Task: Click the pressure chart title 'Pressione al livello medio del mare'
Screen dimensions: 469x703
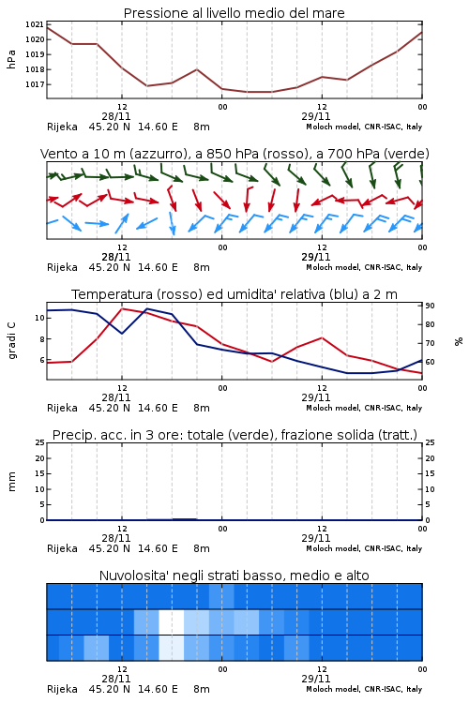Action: coord(234,13)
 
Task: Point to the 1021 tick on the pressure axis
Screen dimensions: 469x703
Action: coord(34,24)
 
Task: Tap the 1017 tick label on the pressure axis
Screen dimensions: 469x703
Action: coord(34,84)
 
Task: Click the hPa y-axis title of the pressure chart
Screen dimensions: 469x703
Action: coord(11,59)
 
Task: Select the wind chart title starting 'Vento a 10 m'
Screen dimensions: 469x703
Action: coord(234,154)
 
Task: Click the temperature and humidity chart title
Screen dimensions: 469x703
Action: coord(234,294)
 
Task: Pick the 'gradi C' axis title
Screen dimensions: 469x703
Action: coord(11,341)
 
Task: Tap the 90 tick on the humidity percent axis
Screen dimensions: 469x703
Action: coord(430,306)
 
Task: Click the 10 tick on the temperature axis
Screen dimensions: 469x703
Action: coord(39,318)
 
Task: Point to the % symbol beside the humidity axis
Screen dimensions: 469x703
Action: coord(459,341)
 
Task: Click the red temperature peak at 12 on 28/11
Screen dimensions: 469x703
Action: coord(122,309)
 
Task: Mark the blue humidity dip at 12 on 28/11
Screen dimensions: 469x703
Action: coord(122,333)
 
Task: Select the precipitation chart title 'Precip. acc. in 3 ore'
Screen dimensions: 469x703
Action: coord(234,435)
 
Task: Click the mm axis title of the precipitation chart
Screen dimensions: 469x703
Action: coord(11,482)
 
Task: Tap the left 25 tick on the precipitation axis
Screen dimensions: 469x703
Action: coord(39,442)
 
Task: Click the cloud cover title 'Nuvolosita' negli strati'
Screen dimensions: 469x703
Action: coord(234,576)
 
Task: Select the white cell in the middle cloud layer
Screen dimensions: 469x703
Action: coord(172,621)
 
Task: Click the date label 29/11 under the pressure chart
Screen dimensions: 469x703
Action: coord(316,116)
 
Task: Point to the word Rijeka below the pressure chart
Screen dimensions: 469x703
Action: coord(63,127)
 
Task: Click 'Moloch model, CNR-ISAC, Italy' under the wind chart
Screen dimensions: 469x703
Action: coord(364,267)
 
